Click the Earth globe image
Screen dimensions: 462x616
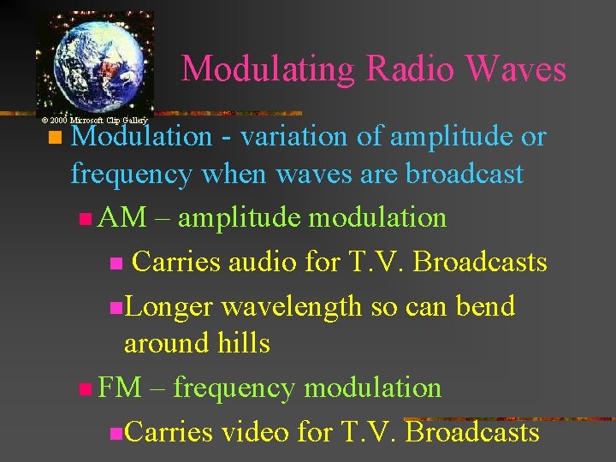(94, 62)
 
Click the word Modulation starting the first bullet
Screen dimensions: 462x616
(141, 137)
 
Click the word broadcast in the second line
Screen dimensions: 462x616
(464, 175)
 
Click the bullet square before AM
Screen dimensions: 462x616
(83, 219)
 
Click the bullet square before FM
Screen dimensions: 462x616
(83, 389)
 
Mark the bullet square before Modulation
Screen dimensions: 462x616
(56, 138)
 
